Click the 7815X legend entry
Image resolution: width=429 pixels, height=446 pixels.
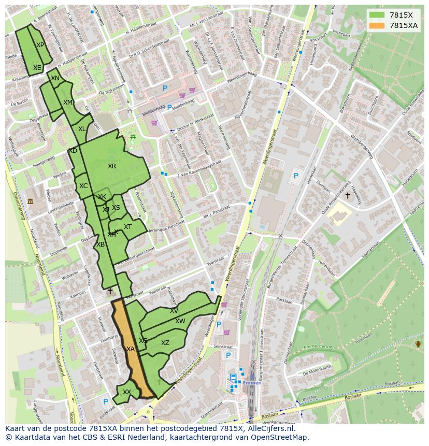click(x=401, y=15)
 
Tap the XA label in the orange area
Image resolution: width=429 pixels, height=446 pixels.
click(x=131, y=349)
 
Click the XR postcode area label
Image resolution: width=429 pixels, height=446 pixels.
click(x=112, y=166)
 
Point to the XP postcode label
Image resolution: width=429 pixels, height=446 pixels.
click(x=40, y=45)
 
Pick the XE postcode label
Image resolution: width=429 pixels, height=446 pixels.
click(x=37, y=68)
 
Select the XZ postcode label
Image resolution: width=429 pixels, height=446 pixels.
click(x=165, y=343)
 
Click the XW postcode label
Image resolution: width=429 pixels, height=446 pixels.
click(x=180, y=321)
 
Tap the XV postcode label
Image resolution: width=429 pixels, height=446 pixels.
click(x=174, y=311)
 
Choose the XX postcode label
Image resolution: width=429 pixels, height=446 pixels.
click(x=126, y=392)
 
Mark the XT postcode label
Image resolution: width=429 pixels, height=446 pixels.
click(x=127, y=227)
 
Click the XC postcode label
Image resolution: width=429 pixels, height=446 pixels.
click(x=83, y=186)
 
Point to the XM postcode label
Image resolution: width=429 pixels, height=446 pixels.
click(x=68, y=103)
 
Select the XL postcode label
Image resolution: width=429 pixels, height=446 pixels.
click(x=82, y=129)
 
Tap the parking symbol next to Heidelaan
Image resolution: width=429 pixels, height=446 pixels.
click(x=296, y=176)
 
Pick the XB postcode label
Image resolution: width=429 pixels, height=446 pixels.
click(x=101, y=244)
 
